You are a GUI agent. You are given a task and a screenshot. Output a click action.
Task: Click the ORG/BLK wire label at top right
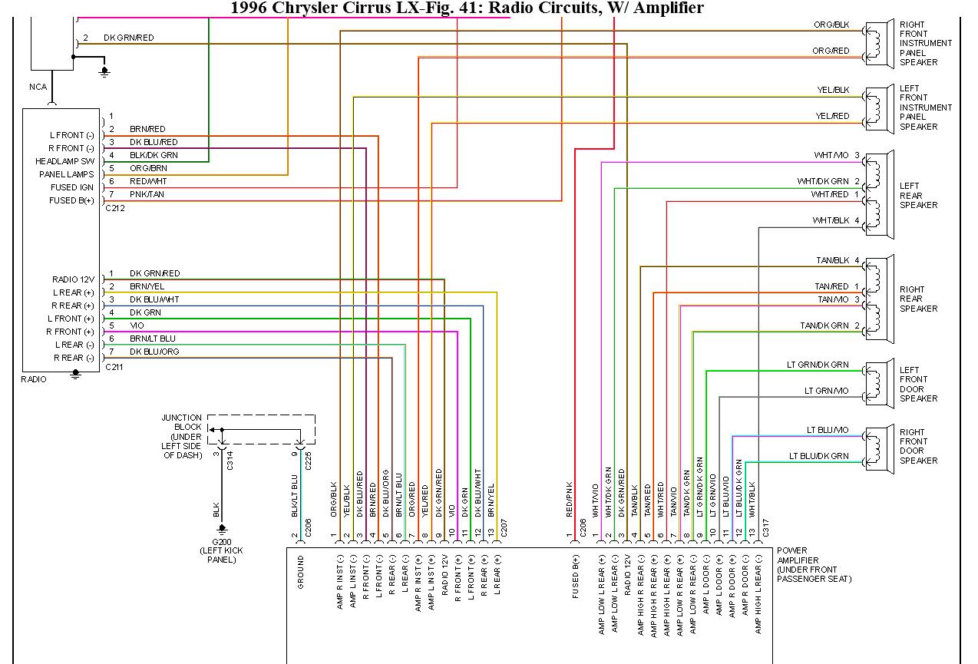point(831,25)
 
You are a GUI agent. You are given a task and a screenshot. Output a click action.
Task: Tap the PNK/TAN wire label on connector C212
point(147,195)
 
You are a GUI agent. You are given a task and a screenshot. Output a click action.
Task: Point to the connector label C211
point(114,367)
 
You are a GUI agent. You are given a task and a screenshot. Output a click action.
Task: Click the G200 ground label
point(222,541)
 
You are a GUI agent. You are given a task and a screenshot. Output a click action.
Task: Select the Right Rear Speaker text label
point(918,299)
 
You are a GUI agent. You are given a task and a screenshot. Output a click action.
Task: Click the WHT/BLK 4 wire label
point(835,221)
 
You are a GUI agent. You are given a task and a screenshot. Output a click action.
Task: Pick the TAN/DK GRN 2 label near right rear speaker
point(829,326)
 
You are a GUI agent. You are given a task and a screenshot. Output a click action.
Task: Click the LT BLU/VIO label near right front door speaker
point(827,430)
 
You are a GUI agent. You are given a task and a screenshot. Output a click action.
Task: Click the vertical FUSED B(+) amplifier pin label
point(574,583)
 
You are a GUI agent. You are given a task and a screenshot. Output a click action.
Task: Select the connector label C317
point(765,527)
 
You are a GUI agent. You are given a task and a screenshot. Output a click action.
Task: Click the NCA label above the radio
point(38,87)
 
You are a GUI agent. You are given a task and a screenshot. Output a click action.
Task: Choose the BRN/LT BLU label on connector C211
point(152,339)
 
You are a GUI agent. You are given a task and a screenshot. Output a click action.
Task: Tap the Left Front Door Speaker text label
point(918,384)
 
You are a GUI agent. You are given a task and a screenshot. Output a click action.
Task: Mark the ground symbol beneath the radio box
point(75,374)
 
